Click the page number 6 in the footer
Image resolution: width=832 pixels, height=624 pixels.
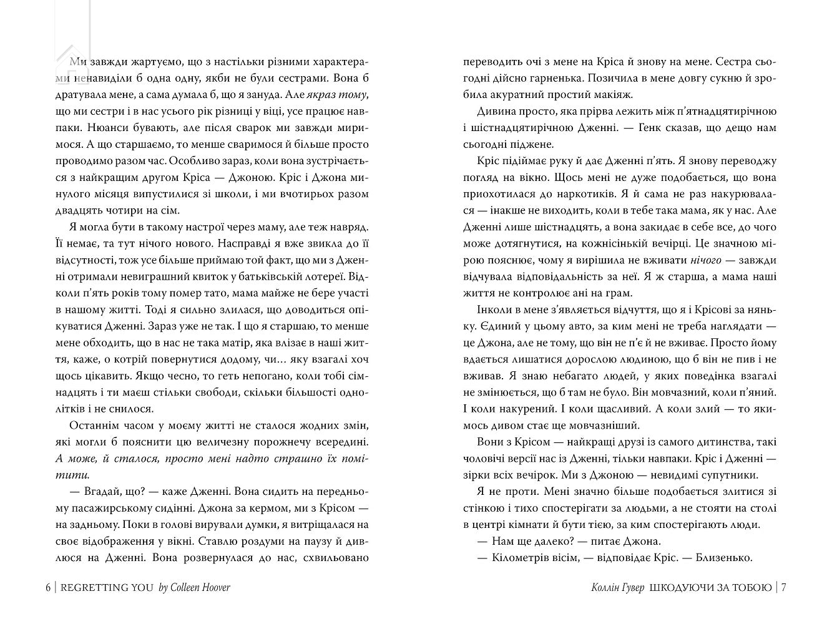coord(49,587)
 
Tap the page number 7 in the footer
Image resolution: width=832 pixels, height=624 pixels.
coord(783,587)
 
